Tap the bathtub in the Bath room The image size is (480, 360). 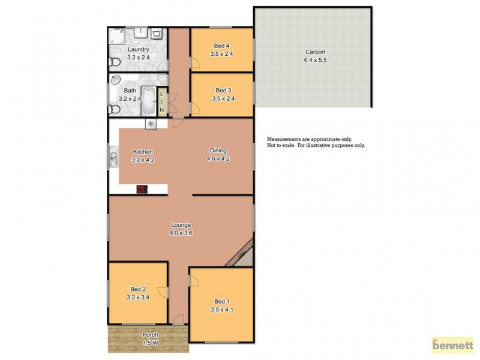(x=149, y=101)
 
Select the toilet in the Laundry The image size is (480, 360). (x=114, y=61)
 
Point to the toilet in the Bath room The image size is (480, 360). (x=114, y=109)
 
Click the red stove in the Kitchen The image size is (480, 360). (x=142, y=189)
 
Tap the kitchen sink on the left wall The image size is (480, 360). (x=113, y=160)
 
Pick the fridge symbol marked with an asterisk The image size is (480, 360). (x=151, y=124)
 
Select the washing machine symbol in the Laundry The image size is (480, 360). (x=157, y=34)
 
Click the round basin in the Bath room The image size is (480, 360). (x=116, y=79)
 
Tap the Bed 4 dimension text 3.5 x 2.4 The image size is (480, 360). (x=221, y=54)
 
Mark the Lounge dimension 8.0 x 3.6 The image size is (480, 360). (x=179, y=232)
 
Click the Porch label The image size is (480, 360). (x=150, y=335)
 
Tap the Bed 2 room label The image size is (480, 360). (x=139, y=289)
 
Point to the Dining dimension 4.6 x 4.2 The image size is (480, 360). (x=218, y=159)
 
